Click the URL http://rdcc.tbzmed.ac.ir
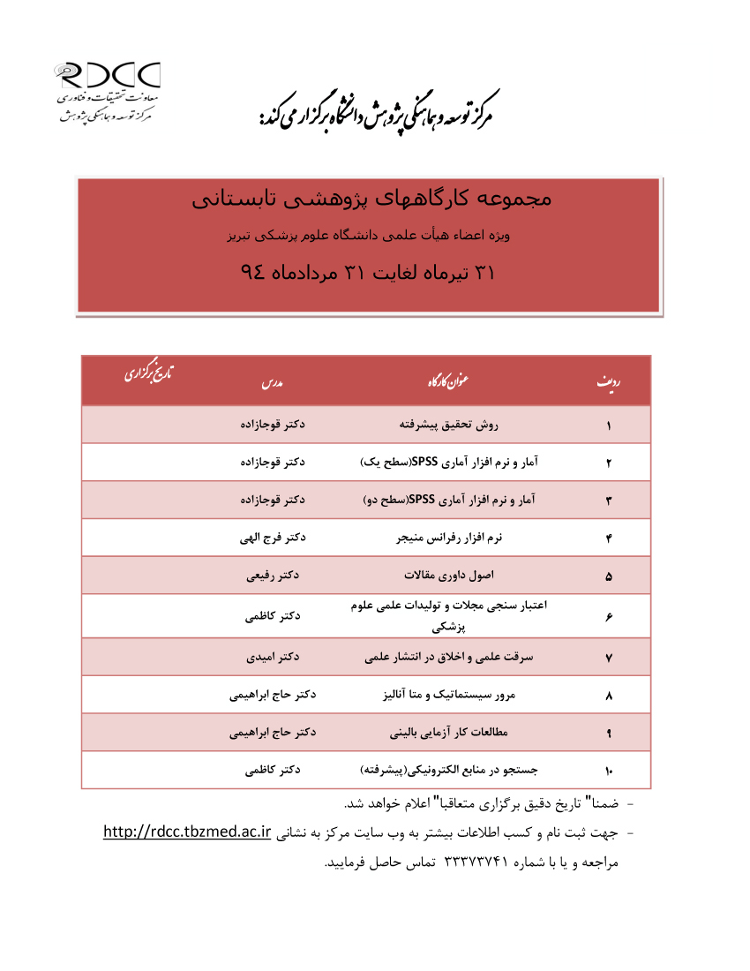coord(186,832)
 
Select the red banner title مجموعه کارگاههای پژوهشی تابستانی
coord(371,199)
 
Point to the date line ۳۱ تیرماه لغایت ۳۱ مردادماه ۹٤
coord(368,273)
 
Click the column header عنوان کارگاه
coord(448,380)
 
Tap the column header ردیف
coord(608,381)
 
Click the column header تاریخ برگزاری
coord(148,373)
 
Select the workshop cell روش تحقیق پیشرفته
coord(448,425)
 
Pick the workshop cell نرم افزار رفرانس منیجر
coord(448,537)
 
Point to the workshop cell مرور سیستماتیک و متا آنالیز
coord(448,696)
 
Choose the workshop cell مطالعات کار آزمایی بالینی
coord(448,733)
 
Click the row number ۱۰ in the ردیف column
coord(609,771)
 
